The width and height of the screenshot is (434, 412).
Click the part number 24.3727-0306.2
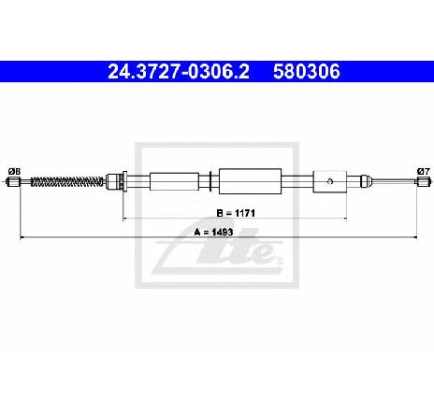coord(179,72)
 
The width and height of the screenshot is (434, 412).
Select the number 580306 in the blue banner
coord(307,72)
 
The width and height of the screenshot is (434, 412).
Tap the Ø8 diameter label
coord(14,171)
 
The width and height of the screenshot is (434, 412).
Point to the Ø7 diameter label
coord(424,171)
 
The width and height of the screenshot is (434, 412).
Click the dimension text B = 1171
coord(236,213)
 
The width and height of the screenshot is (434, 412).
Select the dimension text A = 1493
coord(213,232)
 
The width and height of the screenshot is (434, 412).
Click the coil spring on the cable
coord(67,181)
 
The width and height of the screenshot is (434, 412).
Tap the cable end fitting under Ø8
coord(13,181)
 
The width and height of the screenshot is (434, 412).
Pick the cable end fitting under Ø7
coord(423,181)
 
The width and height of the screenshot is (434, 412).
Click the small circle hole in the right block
coord(331,181)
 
